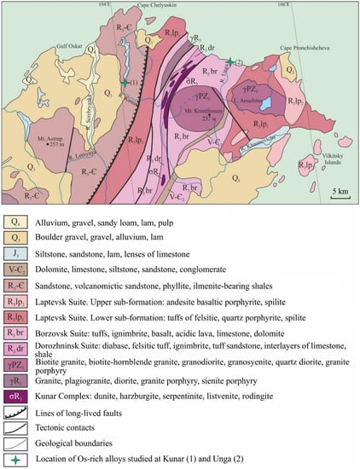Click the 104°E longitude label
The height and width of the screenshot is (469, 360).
106,5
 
